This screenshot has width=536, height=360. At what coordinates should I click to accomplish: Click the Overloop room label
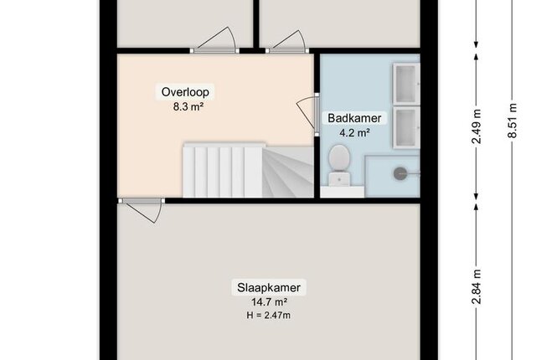185,92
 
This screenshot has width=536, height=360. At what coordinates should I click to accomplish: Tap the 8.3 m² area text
188,106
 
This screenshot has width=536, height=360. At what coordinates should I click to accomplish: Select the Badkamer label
354,118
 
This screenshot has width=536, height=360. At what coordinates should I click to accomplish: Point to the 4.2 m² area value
354,132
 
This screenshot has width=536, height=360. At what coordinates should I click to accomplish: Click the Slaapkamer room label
269,288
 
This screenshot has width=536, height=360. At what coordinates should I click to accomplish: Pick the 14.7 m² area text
269,302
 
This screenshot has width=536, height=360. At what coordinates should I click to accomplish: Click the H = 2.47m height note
269,315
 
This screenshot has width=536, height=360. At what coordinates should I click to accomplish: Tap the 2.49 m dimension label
477,126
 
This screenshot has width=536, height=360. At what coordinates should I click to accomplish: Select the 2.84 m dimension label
477,286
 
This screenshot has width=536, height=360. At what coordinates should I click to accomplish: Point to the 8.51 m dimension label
512,121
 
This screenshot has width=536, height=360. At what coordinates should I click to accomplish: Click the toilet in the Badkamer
339,165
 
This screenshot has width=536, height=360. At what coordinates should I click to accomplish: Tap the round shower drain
400,174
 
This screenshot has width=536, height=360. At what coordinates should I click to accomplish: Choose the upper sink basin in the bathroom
406,84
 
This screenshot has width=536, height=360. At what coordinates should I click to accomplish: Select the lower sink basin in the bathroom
406,127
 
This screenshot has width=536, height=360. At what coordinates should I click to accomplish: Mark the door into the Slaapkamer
141,209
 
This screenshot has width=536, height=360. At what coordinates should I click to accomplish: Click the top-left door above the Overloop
214,41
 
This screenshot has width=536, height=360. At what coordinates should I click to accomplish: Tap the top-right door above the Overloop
287,42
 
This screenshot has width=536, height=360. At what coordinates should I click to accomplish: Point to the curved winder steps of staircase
288,172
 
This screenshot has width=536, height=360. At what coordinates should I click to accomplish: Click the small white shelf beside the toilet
343,192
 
